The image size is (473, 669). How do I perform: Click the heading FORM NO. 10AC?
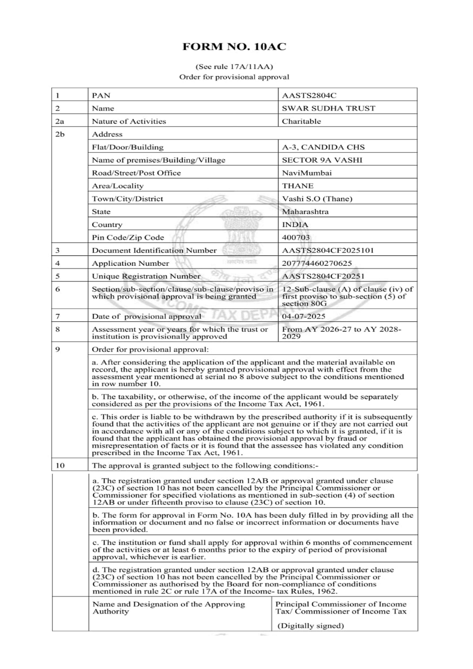click(x=234, y=47)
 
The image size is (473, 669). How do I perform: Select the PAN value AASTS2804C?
click(x=309, y=96)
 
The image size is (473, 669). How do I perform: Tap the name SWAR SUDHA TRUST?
click(x=328, y=108)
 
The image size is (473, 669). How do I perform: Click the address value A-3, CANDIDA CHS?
click(x=323, y=147)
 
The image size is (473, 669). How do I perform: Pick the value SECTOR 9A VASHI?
click(x=322, y=160)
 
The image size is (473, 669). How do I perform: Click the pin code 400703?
click(x=295, y=238)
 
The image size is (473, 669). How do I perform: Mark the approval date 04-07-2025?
click(x=303, y=316)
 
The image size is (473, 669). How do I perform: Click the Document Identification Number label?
click(x=154, y=251)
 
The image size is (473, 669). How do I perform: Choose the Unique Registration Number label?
click(x=146, y=276)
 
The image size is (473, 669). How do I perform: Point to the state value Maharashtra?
click(x=305, y=212)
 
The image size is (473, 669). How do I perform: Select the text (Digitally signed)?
click(x=310, y=626)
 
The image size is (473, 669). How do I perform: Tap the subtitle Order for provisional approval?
click(x=234, y=77)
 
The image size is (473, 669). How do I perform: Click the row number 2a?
click(x=60, y=121)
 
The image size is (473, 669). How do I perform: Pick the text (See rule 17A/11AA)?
click(x=234, y=67)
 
